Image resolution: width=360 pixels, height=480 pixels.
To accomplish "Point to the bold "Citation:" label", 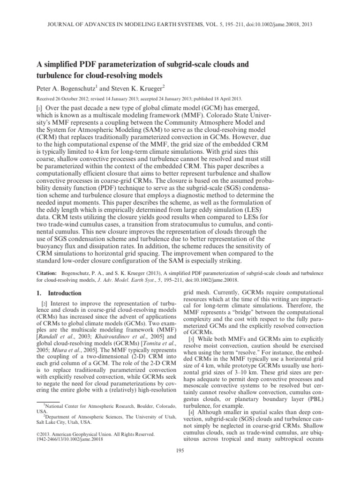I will pyautogui.click(x=46, y=272).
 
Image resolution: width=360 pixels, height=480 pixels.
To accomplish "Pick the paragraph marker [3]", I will pyautogui.click(x=191, y=352).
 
